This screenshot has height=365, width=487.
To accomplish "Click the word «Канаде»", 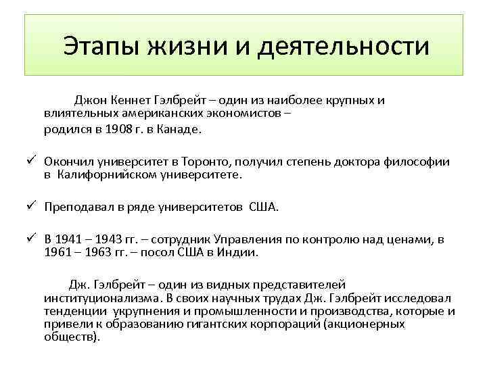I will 180,129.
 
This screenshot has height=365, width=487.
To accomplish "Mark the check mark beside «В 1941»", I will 30,239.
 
